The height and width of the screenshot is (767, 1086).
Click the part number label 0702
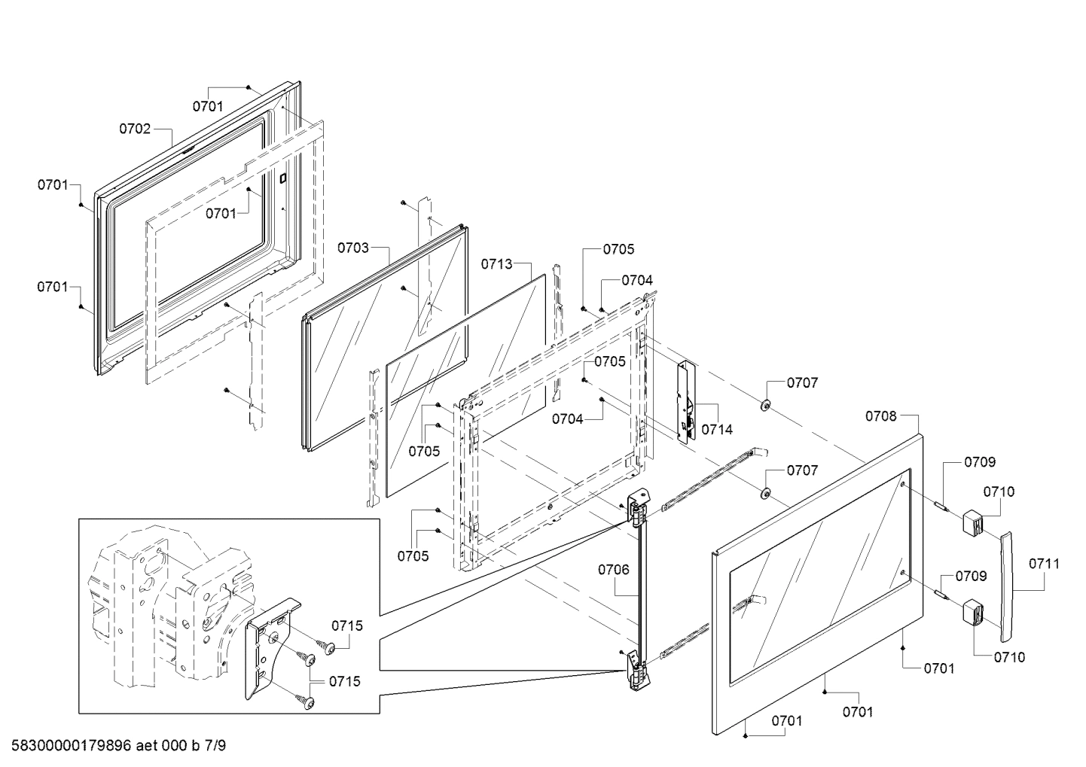[x=135, y=129]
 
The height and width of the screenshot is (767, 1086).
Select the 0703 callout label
[x=352, y=248]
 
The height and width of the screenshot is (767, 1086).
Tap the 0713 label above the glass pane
[x=497, y=264]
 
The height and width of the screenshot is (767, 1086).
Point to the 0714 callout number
[x=716, y=430]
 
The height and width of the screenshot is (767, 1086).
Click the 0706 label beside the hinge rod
[x=613, y=570]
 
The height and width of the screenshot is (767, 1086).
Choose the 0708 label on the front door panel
[x=880, y=416]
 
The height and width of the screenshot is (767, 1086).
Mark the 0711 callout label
[x=1044, y=563]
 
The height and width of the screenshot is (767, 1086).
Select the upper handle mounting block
[x=973, y=522]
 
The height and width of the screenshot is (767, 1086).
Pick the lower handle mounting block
[x=973, y=613]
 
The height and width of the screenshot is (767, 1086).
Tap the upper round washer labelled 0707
[x=765, y=406]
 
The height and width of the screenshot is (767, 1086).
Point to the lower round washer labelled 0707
[x=765, y=494]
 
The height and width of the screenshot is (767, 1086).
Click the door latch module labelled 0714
[x=687, y=403]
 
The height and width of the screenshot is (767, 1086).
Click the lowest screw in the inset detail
[x=307, y=702]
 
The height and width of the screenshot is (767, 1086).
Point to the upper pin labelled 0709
[x=941, y=505]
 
